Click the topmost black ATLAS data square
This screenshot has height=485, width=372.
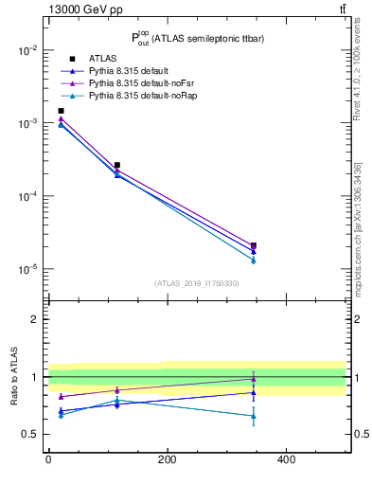pyautogui.click(x=61, y=111)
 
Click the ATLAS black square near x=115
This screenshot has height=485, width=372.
pyautogui.click(x=116, y=165)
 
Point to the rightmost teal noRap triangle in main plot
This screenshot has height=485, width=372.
pyautogui.click(x=254, y=260)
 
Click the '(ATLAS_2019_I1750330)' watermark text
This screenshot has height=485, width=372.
pyautogui.click(x=196, y=283)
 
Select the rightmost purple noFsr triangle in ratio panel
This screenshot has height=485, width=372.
pyautogui.click(x=254, y=379)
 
